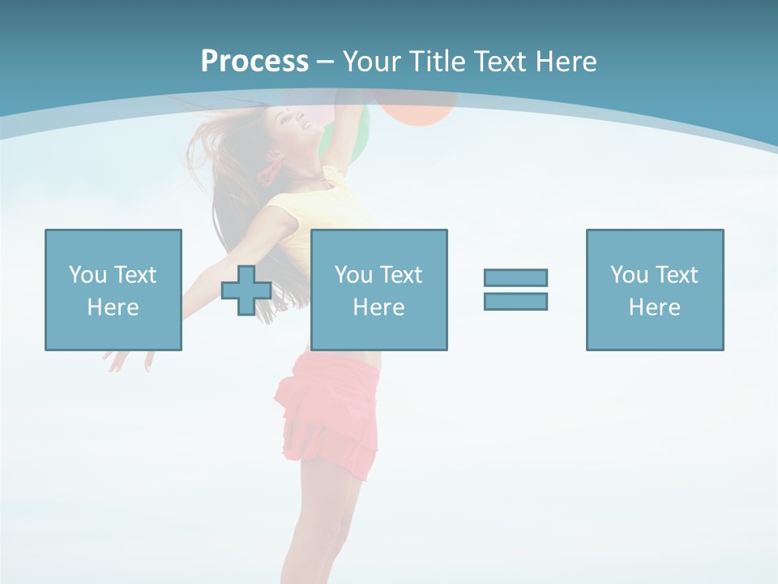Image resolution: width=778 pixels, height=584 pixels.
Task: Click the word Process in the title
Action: pyautogui.click(x=254, y=62)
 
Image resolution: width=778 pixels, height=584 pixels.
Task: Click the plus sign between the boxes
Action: pyautogui.click(x=246, y=290)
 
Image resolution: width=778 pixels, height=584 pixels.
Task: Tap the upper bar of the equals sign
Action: pyautogui.click(x=515, y=277)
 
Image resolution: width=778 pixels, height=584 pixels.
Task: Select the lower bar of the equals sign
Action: pyautogui.click(x=515, y=301)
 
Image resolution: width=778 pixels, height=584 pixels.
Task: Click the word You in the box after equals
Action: pyautogui.click(x=629, y=275)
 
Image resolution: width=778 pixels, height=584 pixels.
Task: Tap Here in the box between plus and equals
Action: pyautogui.click(x=378, y=307)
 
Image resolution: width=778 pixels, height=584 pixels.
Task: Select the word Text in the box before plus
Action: pyautogui.click(x=135, y=275)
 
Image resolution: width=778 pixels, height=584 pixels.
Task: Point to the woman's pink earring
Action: pyautogui.click(x=268, y=170)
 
